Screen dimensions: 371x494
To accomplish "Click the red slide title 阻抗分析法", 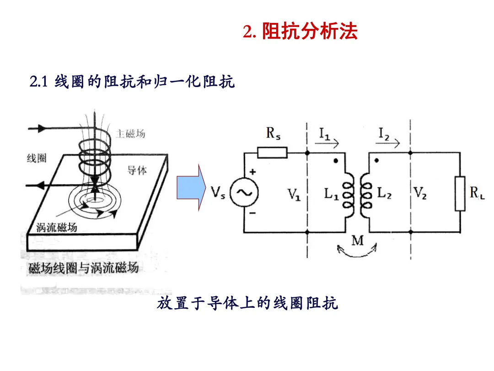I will pyautogui.click(x=309, y=32).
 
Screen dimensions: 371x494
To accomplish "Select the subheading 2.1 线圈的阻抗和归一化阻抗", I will pyautogui.click(x=132, y=82).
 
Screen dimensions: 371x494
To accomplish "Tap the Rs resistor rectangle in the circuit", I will pyautogui.click(x=272, y=153).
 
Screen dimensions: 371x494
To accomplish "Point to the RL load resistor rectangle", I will pyautogui.click(x=460, y=193).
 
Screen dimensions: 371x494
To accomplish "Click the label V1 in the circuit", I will pyautogui.click(x=294, y=195).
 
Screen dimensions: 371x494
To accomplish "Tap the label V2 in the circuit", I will pyautogui.click(x=420, y=194).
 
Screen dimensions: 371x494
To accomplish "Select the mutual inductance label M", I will pyautogui.click(x=357, y=240).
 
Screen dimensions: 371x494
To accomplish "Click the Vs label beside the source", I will pyautogui.click(x=219, y=193).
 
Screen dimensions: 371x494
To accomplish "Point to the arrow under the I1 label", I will pyautogui.click(x=329, y=144).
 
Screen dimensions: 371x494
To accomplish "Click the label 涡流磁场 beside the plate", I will pyautogui.click(x=57, y=228).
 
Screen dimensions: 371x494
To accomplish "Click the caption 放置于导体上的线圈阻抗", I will pyautogui.click(x=247, y=303).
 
